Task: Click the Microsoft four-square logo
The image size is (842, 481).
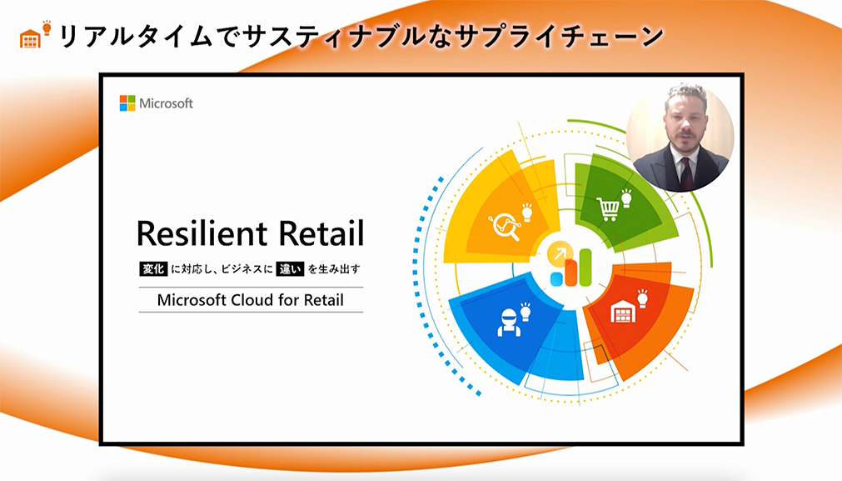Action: [x=127, y=103]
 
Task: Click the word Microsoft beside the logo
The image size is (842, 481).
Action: [x=166, y=103]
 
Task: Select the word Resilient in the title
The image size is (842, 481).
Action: [x=202, y=233]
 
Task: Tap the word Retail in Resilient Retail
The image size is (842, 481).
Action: [x=321, y=233]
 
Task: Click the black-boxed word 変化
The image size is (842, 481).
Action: [x=153, y=268]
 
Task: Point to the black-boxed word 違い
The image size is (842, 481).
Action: [x=290, y=268]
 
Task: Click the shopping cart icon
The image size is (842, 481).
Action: [x=608, y=209]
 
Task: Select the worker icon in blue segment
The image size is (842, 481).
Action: [x=508, y=323]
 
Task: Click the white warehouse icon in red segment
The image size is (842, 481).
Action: [x=623, y=312]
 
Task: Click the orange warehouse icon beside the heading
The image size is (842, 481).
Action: [x=30, y=38]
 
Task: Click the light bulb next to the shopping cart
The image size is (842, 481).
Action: [x=626, y=198]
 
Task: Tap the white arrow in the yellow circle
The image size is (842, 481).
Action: [x=560, y=253]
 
